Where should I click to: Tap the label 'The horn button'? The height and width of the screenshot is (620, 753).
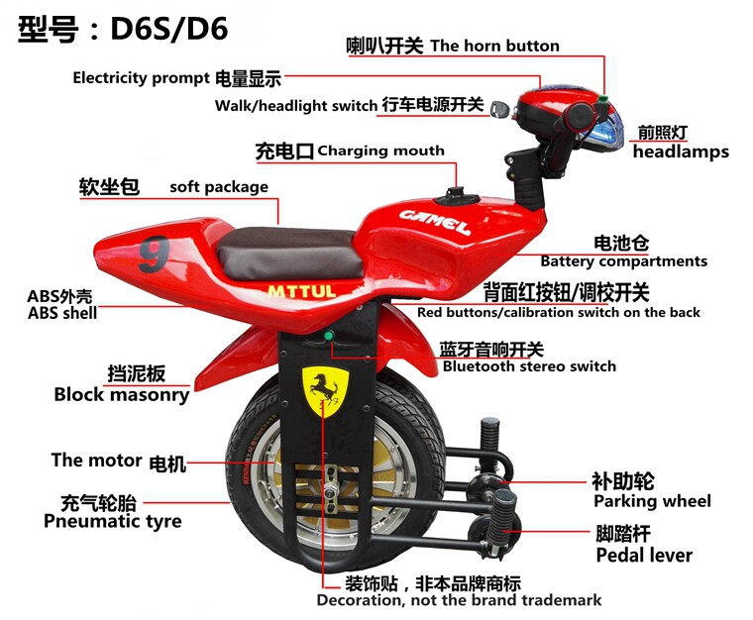[x=494, y=46]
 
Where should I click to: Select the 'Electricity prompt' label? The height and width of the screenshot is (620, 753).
[x=140, y=78]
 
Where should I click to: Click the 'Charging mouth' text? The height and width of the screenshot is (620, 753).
[x=380, y=152]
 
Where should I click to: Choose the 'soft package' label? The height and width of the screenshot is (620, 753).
[x=218, y=186]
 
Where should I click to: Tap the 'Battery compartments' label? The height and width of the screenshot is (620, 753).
[x=623, y=261]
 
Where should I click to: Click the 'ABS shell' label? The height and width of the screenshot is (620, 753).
[x=62, y=313]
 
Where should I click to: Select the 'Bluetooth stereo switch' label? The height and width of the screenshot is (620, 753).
[x=529, y=366]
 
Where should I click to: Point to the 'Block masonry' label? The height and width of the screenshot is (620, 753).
[x=121, y=394]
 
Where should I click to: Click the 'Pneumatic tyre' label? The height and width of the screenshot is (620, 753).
[x=112, y=521]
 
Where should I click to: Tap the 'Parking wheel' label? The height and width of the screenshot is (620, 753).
[x=652, y=501]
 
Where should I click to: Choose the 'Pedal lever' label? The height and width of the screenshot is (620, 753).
[x=644, y=555]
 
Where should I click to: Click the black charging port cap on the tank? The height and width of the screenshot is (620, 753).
[x=456, y=190]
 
